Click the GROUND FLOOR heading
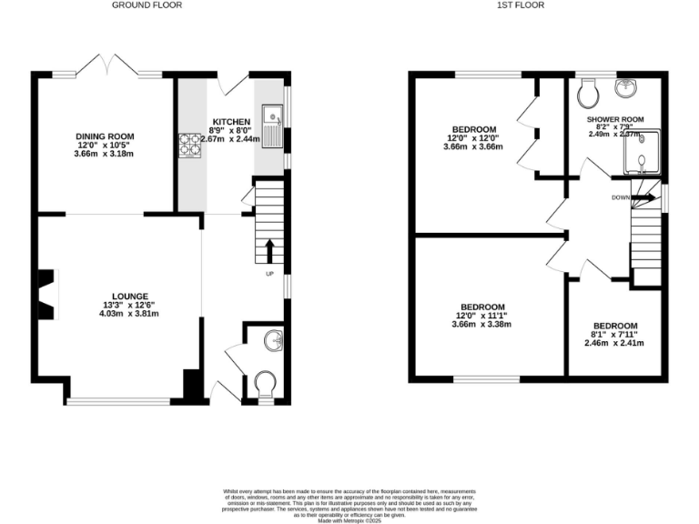click(x=147, y=5)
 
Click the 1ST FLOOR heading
click(x=522, y=5)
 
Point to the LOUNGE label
click(x=130, y=297)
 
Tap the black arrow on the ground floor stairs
click(x=269, y=249)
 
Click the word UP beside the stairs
click(x=269, y=274)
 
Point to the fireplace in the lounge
click(x=46, y=294)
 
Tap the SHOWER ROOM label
click(x=615, y=119)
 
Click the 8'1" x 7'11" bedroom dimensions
click(x=614, y=335)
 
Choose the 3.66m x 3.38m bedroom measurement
click(x=481, y=325)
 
